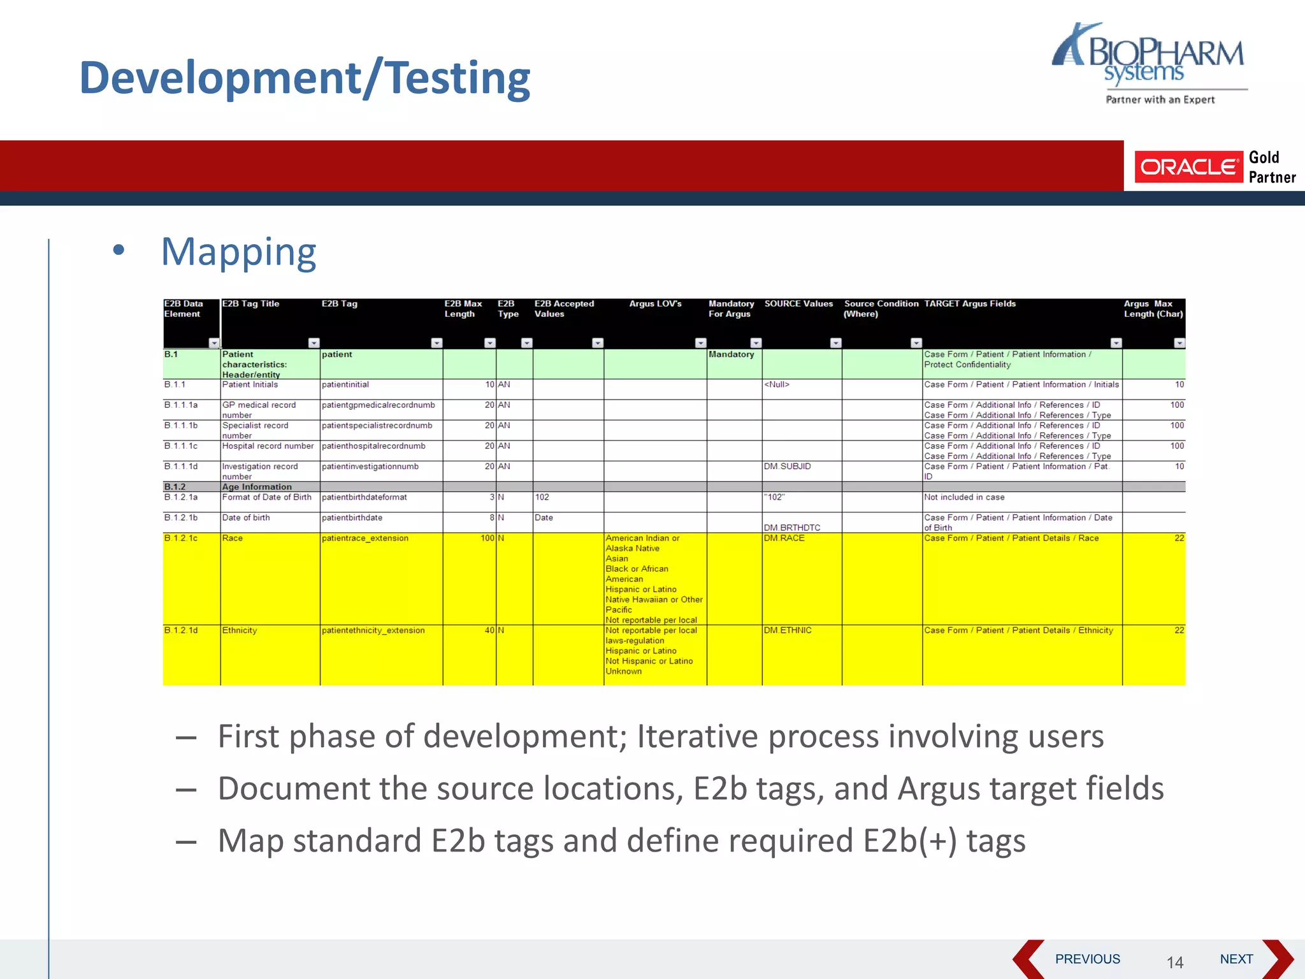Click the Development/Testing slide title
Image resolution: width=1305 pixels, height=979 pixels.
pyautogui.click(x=305, y=78)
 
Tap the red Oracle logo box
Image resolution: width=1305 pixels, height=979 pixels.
pyautogui.click(x=1188, y=167)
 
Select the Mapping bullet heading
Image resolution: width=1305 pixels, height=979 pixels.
pyautogui.click(x=238, y=252)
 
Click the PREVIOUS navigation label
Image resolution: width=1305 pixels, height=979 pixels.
pyautogui.click(x=1087, y=959)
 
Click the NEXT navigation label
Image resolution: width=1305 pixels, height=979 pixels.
pyautogui.click(x=1236, y=959)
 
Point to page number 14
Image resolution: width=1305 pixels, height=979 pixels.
pyautogui.click(x=1175, y=962)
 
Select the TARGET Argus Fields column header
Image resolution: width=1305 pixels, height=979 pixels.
pyautogui.click(x=970, y=304)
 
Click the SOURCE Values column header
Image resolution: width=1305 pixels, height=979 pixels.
pyautogui.click(x=798, y=304)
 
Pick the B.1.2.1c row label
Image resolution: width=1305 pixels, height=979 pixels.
pyautogui.click(x=181, y=539)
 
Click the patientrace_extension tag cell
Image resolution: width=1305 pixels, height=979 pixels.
pyautogui.click(x=364, y=539)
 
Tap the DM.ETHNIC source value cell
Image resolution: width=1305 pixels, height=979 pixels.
pyautogui.click(x=788, y=630)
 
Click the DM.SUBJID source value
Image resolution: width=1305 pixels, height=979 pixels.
pyautogui.click(x=788, y=467)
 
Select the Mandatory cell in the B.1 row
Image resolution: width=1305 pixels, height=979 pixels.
pyautogui.click(x=732, y=354)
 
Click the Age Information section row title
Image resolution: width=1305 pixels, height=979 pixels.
pyautogui.click(x=257, y=487)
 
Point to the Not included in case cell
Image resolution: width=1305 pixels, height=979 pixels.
pyautogui.click(x=964, y=497)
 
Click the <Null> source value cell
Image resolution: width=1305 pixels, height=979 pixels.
pyautogui.click(x=777, y=385)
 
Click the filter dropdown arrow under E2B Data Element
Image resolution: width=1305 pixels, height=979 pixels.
pyautogui.click(x=213, y=343)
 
